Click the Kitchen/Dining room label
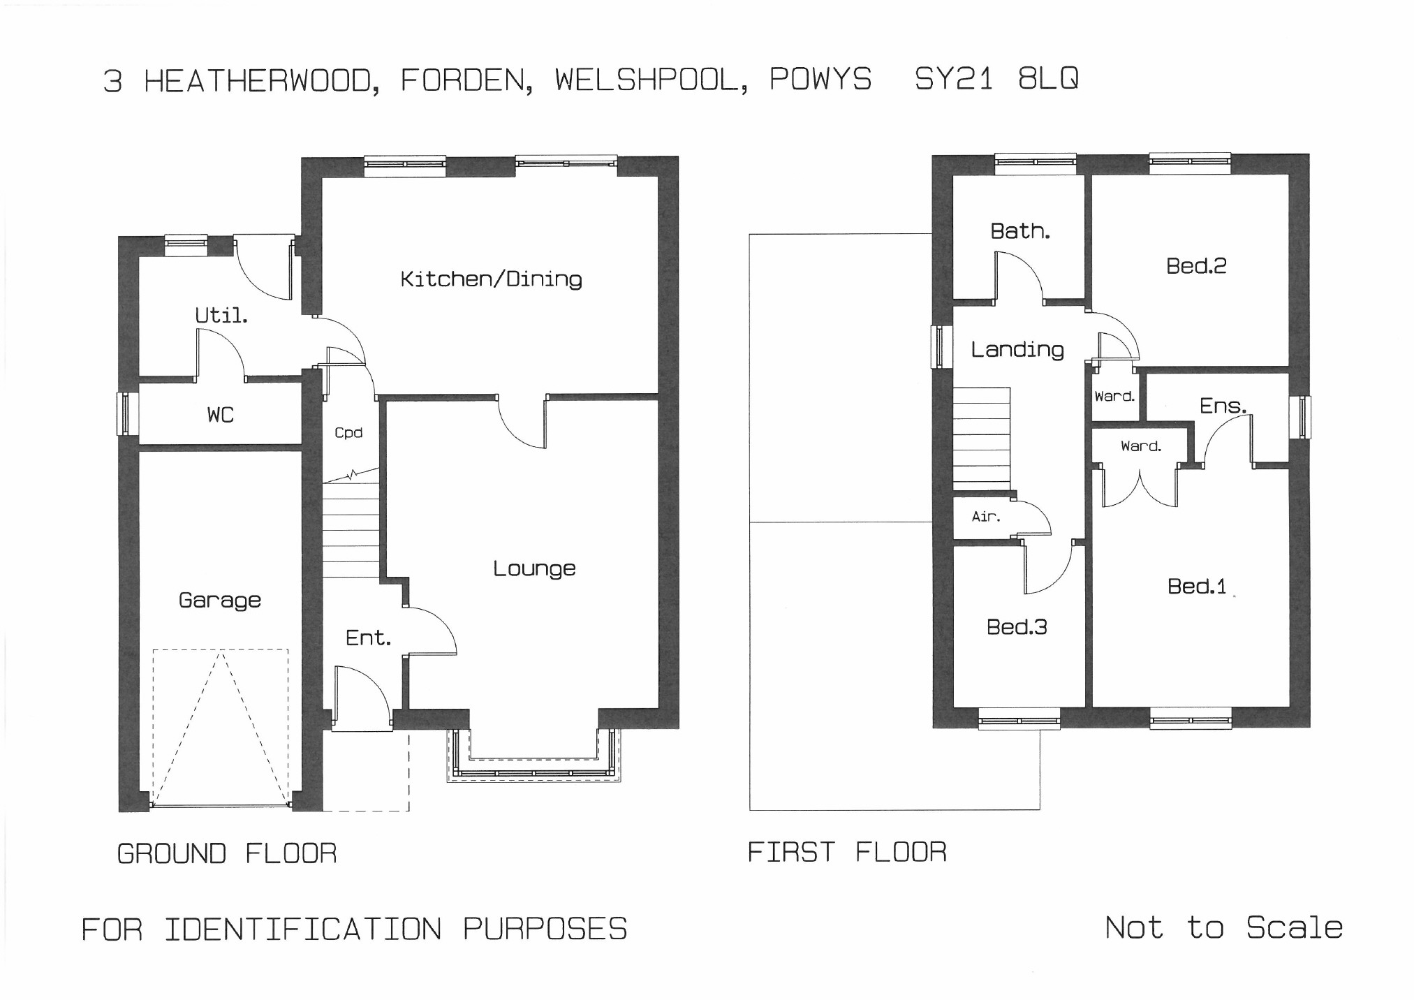(491, 279)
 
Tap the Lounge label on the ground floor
(534, 568)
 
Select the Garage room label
(220, 600)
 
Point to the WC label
(220, 415)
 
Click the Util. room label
(221, 315)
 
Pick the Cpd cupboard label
(348, 433)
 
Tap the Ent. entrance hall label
(368, 638)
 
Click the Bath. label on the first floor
(1020, 230)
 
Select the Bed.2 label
(1196, 265)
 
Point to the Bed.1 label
(1197, 586)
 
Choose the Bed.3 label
(1017, 626)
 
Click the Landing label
(1017, 349)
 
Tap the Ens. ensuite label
(1223, 406)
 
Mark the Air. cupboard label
(986, 517)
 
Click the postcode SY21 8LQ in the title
(996, 79)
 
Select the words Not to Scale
(1224, 927)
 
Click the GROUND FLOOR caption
(227, 853)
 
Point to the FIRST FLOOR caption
(847, 852)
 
